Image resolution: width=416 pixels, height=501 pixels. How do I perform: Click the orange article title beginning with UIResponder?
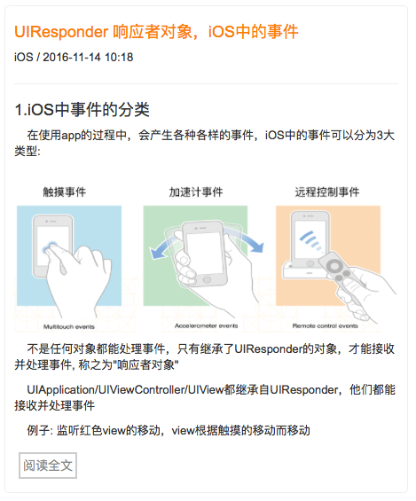(156, 32)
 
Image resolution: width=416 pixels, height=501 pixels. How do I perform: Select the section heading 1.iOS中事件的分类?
(82, 110)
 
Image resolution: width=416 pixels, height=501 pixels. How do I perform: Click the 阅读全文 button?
(48, 466)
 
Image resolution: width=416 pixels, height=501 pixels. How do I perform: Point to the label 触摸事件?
(65, 192)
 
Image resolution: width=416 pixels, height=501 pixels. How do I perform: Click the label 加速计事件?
(196, 192)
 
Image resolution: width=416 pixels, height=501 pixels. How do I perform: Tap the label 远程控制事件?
(327, 192)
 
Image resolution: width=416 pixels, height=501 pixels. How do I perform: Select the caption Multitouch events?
(69, 327)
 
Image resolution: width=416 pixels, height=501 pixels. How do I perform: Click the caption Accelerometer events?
(207, 326)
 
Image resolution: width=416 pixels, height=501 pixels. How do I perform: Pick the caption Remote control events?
(326, 326)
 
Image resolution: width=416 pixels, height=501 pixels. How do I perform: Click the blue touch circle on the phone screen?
(51, 247)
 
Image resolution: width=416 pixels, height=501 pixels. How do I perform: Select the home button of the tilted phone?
(207, 279)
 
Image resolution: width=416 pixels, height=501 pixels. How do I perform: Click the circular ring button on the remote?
(334, 266)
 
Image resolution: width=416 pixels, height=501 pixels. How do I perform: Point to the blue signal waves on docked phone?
(310, 241)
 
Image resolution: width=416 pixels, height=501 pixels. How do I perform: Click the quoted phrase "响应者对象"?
(145, 364)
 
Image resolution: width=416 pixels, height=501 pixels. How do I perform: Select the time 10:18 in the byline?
(119, 58)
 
